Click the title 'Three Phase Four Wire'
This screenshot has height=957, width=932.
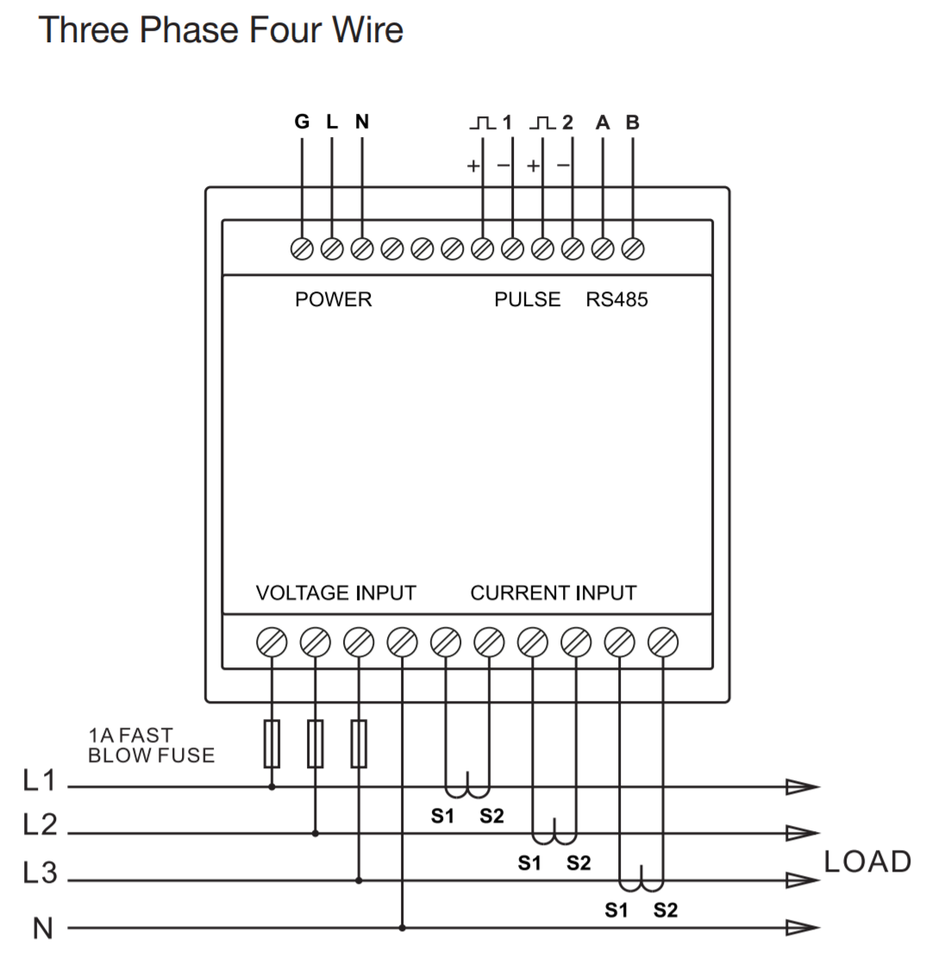[x=222, y=30]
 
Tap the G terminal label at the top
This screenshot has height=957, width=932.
[x=302, y=122]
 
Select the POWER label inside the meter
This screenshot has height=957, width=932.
[x=334, y=300]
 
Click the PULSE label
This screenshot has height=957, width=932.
[x=527, y=300]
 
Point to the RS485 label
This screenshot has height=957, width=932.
[x=617, y=300]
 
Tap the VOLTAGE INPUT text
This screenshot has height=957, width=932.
[x=336, y=593]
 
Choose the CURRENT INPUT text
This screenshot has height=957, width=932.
[x=554, y=593]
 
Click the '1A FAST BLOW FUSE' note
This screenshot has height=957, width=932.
[x=151, y=746]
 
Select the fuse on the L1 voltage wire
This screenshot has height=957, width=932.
[x=272, y=743]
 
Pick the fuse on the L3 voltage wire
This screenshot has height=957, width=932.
[x=359, y=743]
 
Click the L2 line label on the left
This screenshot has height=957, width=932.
[x=40, y=826]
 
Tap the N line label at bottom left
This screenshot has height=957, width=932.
[x=43, y=929]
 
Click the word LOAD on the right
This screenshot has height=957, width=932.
[x=867, y=862]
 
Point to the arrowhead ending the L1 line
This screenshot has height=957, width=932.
[x=802, y=786]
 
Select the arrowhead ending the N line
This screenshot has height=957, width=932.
[x=802, y=928]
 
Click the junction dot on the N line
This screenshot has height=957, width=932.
[x=403, y=928]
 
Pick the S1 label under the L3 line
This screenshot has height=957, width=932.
[x=616, y=910]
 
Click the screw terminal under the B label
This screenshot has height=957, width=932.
[x=633, y=248]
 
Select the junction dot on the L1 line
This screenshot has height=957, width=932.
[x=272, y=786]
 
